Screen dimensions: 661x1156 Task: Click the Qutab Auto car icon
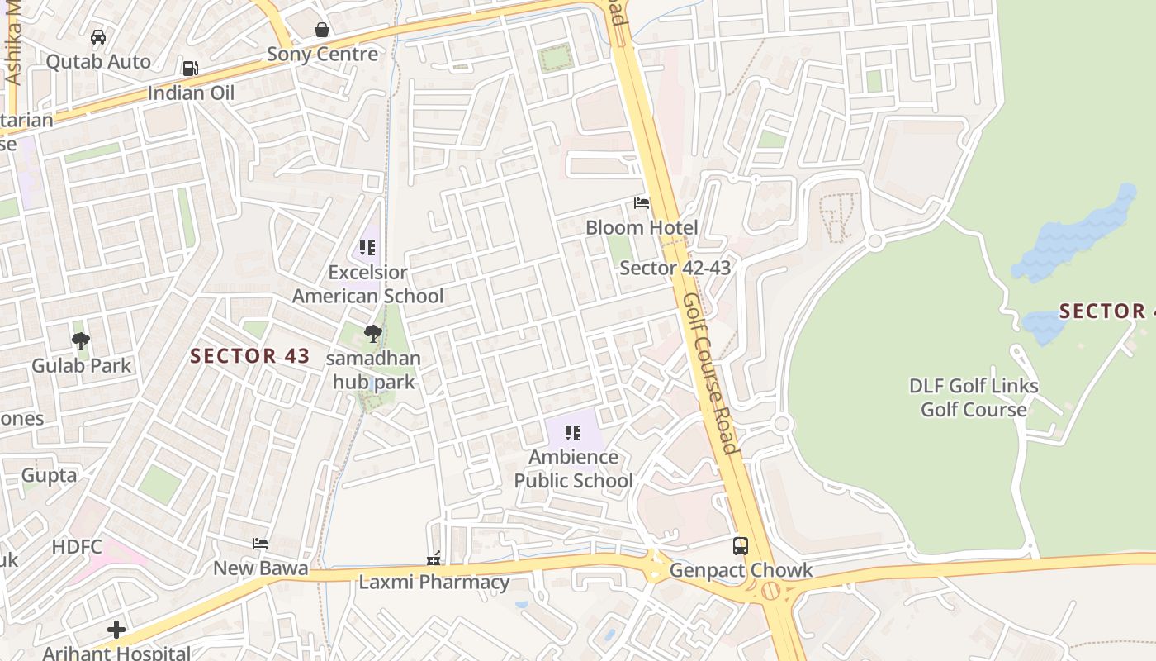(98, 37)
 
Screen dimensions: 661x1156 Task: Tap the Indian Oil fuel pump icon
(191, 69)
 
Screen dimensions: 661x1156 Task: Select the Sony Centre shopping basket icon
(322, 31)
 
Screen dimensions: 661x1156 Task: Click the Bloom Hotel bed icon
(642, 203)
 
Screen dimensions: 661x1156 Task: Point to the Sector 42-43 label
(675, 268)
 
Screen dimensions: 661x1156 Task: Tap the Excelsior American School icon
(367, 248)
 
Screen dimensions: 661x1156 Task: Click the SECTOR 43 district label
(250, 356)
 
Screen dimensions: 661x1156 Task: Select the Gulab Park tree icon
(81, 341)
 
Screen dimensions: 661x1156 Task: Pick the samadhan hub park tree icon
(373, 335)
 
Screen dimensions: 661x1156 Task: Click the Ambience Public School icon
(573, 433)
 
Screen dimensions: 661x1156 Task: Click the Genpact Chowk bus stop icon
(741, 546)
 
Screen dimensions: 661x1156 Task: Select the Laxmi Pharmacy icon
(433, 559)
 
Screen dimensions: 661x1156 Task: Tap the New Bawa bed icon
(260, 544)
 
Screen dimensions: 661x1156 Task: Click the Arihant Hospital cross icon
(116, 630)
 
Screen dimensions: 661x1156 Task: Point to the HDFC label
(77, 546)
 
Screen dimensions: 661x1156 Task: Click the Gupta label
(49, 475)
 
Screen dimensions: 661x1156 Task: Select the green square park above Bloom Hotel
(555, 58)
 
